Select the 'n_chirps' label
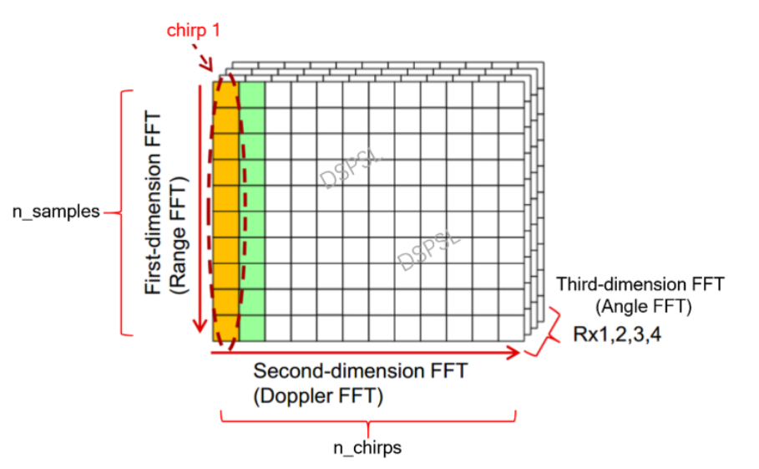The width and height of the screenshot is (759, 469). [x=367, y=447]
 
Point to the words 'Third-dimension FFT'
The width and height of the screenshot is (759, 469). [x=640, y=285]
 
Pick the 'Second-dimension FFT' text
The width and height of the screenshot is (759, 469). [x=361, y=370]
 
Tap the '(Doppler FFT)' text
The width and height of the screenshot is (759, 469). [x=318, y=396]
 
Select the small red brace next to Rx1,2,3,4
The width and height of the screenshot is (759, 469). [x=546, y=335]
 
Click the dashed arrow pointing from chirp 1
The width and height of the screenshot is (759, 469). [x=205, y=59]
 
